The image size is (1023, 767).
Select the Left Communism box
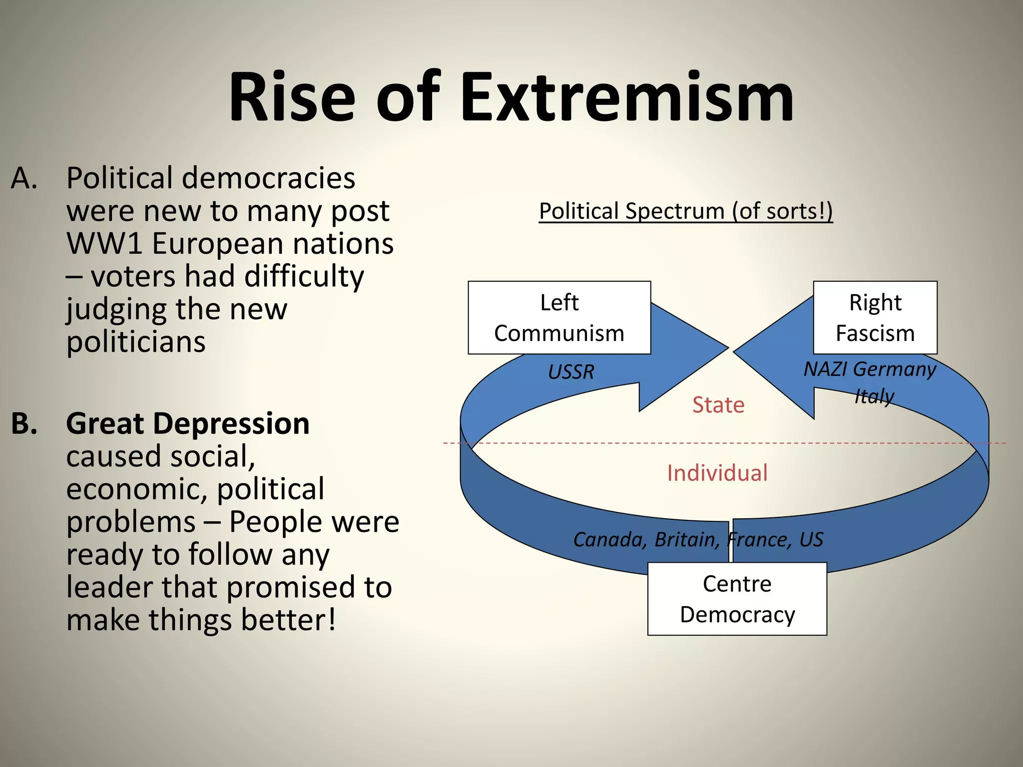(559, 318)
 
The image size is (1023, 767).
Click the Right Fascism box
(875, 318)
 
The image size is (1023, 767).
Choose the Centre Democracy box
(737, 599)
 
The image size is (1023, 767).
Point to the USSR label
(571, 372)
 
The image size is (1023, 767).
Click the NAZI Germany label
(869, 370)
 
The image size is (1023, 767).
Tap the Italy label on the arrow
(874, 396)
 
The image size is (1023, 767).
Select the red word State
(718, 405)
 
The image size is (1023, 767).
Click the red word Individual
(717, 473)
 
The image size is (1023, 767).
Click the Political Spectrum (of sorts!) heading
(685, 211)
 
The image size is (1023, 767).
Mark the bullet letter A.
(23, 178)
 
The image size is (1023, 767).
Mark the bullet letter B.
(24, 423)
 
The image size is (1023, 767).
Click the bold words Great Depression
(188, 424)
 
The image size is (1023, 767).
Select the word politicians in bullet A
(136, 343)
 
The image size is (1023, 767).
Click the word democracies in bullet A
(268, 178)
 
